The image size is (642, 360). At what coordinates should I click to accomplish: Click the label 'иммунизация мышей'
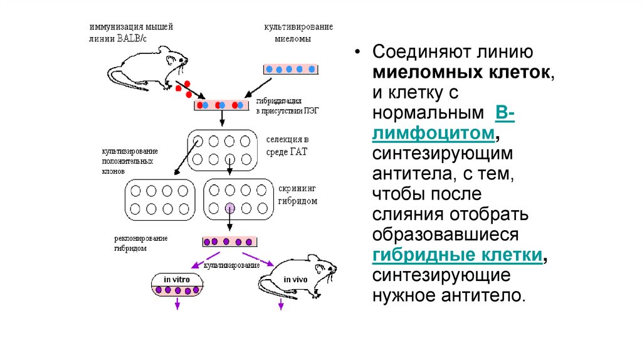[x=130, y=27]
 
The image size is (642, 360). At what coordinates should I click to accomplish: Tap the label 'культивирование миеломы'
[x=297, y=32]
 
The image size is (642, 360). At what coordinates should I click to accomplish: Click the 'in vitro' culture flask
[x=177, y=285]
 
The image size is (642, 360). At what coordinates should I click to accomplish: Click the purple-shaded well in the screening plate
[x=230, y=208]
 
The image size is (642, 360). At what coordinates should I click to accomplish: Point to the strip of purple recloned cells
[x=230, y=241]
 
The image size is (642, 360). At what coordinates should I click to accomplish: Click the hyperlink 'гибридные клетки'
[x=457, y=255]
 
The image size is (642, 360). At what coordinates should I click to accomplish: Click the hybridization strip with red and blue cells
[x=219, y=105]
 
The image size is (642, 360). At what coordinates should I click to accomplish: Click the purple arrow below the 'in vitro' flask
[x=177, y=304]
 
